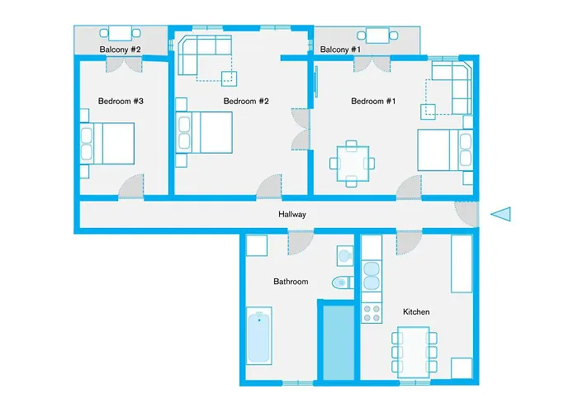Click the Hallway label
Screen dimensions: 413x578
coord(292,215)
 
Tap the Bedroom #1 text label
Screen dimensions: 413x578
coord(373,102)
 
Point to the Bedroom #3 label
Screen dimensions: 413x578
coord(121,102)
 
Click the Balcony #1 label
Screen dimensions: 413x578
coord(341,50)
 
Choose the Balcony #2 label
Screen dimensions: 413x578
coord(121,50)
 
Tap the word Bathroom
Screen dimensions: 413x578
coord(291,282)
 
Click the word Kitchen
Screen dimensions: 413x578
coord(415,312)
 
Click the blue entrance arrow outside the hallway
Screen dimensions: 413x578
coord(501,215)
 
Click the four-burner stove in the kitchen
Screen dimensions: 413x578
coord(372,313)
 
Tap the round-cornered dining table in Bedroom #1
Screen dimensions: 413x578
coord(353,163)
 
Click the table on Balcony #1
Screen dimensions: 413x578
coord(377,35)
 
